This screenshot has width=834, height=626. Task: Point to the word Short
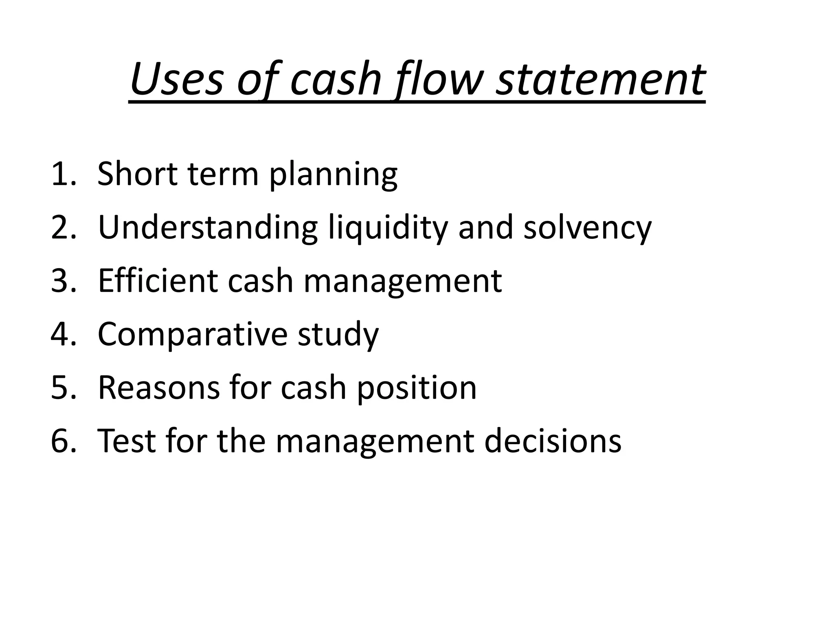[x=138, y=174]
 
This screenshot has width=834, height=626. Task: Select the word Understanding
[x=208, y=228]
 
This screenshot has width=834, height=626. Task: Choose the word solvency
[x=587, y=229]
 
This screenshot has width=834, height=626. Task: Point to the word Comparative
[x=192, y=335]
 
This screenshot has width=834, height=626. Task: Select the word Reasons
[x=159, y=388]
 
